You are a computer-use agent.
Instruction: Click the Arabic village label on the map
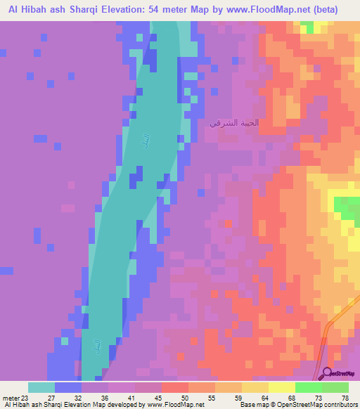[x=234, y=123]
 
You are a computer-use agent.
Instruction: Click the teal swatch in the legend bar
[x=41, y=387]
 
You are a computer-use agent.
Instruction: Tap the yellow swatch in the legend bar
[x=282, y=387]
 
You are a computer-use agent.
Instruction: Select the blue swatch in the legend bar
[x=68, y=387]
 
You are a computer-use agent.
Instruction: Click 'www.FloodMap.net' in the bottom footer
[x=176, y=405]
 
